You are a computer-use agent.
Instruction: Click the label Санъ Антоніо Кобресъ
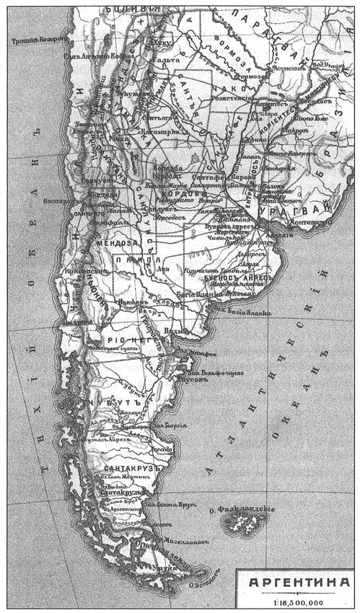(90, 55)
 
